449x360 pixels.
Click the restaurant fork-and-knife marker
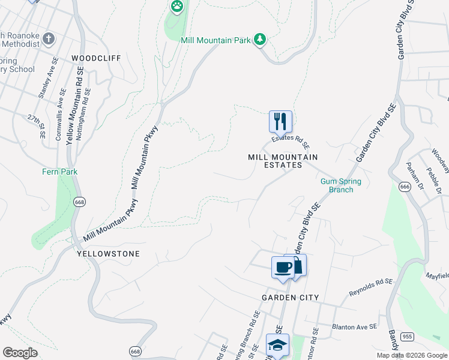pyautogui.click(x=280, y=122)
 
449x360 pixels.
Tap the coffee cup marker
pyautogui.click(x=283, y=267)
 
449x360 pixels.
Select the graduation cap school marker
pyautogui.click(x=277, y=345)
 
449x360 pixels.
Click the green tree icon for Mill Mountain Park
pyautogui.click(x=260, y=40)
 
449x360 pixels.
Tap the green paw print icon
pyautogui.click(x=176, y=7)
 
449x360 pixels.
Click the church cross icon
pyautogui.click(x=49, y=40)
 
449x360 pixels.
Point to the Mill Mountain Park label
pyautogui.click(x=216, y=40)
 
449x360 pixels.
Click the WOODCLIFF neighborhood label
pyautogui.click(x=96, y=58)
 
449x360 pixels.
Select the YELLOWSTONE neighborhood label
pyautogui.click(x=109, y=254)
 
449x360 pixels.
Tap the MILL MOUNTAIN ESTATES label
pyautogui.click(x=283, y=161)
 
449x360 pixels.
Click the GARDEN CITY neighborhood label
pyautogui.click(x=290, y=298)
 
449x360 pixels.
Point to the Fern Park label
pyautogui.click(x=60, y=172)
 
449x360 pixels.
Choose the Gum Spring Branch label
pyautogui.click(x=341, y=185)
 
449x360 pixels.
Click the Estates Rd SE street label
pyautogui.click(x=290, y=142)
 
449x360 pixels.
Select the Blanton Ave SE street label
pyautogui.click(x=354, y=327)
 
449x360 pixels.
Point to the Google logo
pyautogui.click(x=20, y=353)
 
